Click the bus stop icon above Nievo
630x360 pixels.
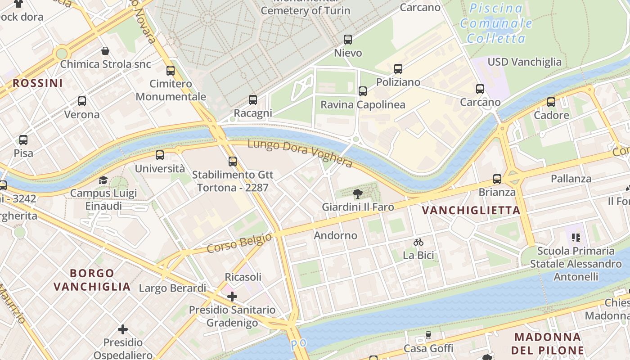tap(348, 40)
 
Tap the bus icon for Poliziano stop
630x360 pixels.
tap(398, 69)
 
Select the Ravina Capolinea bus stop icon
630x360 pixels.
tap(363, 91)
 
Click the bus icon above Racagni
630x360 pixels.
tap(253, 100)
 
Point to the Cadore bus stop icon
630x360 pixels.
tap(551, 102)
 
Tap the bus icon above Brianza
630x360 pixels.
tap(497, 179)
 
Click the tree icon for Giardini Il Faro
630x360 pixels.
tap(358, 194)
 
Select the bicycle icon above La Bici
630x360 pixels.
tap(418, 242)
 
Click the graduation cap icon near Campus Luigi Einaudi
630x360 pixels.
tap(103, 180)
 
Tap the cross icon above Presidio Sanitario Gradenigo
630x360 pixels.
tap(232, 297)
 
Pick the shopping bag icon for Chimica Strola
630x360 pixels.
tap(105, 51)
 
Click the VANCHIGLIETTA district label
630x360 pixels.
tap(471, 210)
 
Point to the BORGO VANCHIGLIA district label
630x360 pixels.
tap(92, 280)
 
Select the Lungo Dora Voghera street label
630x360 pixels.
tap(300, 153)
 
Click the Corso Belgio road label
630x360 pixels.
tap(239, 243)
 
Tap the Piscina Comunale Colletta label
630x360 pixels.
tap(496, 23)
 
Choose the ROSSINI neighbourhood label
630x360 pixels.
tap(37, 83)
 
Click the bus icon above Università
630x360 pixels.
tap(160, 155)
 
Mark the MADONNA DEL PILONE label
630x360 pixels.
tap(548, 343)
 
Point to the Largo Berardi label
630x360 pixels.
tap(172, 288)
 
